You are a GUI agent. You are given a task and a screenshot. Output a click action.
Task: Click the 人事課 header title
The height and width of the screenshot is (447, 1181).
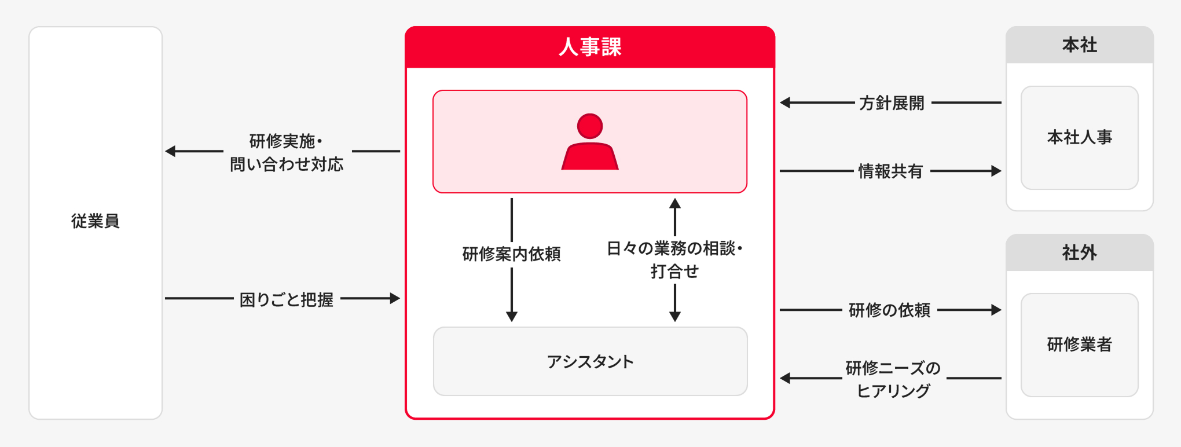click(590, 47)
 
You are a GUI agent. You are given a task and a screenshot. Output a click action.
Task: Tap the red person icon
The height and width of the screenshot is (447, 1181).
click(590, 142)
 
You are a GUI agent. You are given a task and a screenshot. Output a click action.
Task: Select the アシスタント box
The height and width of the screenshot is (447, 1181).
click(590, 362)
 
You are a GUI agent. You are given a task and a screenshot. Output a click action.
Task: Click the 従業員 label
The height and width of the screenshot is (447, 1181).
click(96, 221)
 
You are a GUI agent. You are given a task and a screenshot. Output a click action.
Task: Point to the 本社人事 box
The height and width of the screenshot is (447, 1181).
click(1079, 138)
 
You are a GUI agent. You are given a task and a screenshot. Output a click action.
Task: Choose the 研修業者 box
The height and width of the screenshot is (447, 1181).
click(1079, 345)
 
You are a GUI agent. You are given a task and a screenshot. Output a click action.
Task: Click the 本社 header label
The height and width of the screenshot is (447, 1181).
click(1079, 45)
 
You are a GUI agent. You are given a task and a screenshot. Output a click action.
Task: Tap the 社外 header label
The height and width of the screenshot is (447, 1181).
click(1079, 253)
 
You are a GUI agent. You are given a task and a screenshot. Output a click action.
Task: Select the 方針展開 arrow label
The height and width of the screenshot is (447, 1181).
click(892, 103)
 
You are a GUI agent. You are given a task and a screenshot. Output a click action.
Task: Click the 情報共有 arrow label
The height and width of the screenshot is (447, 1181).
click(890, 171)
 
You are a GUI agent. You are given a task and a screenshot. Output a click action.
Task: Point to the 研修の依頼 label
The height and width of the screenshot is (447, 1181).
click(889, 310)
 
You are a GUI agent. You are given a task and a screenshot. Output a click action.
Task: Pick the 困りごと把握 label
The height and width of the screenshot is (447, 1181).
click(287, 299)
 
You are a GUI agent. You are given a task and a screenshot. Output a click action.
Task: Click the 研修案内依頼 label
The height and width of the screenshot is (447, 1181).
click(511, 254)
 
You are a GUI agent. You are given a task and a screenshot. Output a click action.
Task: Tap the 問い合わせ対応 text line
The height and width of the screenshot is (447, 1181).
click(287, 165)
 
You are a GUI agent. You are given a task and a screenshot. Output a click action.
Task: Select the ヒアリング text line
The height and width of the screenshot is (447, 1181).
click(893, 391)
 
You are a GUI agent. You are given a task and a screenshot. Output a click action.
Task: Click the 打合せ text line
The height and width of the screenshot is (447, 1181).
click(674, 272)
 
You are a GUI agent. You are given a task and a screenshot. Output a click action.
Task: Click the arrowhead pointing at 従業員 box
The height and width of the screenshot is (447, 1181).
click(170, 151)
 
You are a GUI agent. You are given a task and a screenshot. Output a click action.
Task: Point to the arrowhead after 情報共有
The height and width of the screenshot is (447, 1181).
click(996, 171)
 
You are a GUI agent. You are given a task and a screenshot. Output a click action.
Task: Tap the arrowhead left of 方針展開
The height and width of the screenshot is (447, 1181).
click(785, 103)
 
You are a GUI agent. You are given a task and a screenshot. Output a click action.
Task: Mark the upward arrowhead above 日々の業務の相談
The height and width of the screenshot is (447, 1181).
click(675, 203)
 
